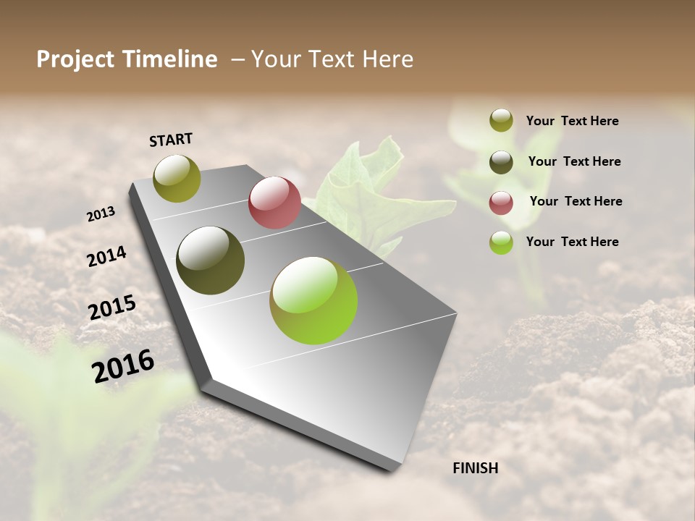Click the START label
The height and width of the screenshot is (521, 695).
[171, 139]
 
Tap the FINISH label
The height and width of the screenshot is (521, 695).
[475, 468]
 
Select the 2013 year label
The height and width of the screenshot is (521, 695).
[101, 213]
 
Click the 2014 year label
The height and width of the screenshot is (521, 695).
[106, 256]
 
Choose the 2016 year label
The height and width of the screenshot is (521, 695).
[123, 365]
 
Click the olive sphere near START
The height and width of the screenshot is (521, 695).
[177, 178]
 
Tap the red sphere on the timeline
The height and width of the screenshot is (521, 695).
[274, 203]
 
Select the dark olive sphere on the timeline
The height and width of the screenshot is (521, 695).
[210, 260]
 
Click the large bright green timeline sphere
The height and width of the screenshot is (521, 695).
[313, 300]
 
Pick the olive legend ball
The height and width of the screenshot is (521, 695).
[501, 120]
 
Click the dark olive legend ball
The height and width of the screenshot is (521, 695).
[501, 162]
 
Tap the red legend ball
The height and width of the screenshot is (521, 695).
[501, 203]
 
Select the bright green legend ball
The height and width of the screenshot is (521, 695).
[501, 242]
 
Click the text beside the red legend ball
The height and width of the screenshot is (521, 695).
[576, 201]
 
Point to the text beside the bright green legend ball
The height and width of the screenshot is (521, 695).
[572, 242]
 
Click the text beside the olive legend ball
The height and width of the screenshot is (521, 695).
[572, 121]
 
